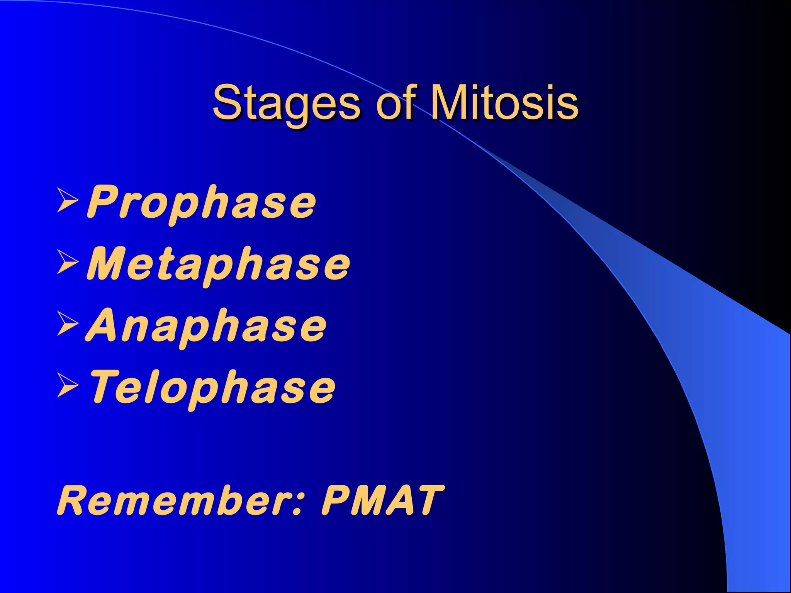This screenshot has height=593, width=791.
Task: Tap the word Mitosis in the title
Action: click(504, 102)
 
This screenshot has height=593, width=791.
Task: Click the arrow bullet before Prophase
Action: click(67, 200)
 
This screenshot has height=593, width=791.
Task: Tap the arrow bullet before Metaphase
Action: click(67, 262)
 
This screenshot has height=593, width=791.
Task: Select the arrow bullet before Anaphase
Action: click(67, 324)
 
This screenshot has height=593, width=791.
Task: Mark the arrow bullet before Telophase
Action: click(67, 385)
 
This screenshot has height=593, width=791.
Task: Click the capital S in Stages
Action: click(227, 102)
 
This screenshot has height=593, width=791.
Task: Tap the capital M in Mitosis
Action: click(450, 102)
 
